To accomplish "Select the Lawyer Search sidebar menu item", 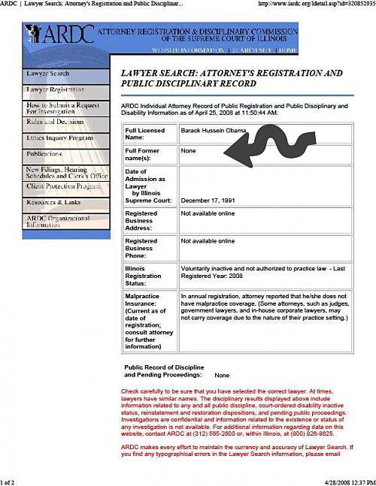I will (x=48, y=74).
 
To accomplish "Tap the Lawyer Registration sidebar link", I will (x=55, y=89).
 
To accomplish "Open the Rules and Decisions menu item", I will (x=55, y=122).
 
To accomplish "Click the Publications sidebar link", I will (x=45, y=153).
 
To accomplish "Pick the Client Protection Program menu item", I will (x=63, y=186).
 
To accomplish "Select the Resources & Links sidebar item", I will (x=53, y=203).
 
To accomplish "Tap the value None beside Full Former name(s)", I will (x=188, y=151).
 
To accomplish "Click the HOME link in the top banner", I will (x=287, y=50).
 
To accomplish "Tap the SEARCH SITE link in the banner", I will (x=251, y=50).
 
